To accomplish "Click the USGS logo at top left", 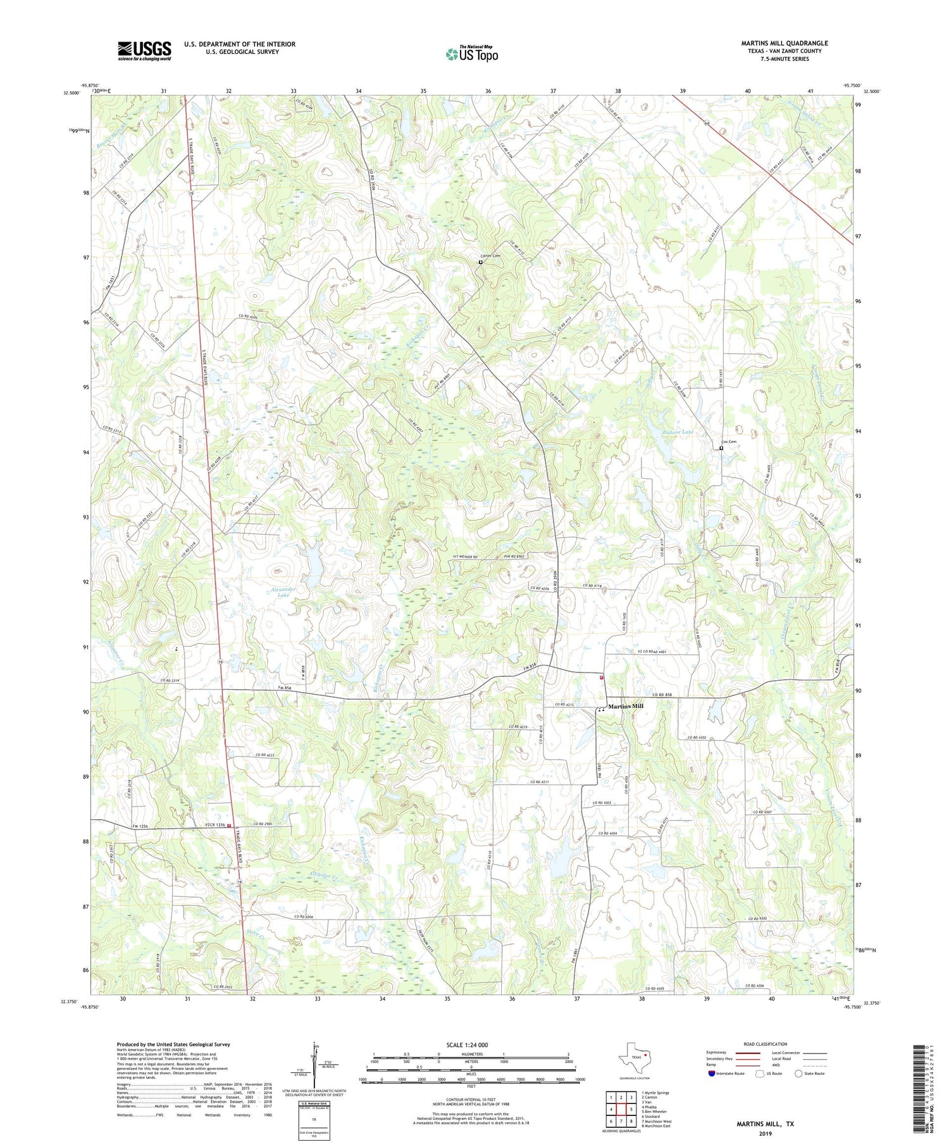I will point(144,51).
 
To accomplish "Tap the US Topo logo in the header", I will point(471,54).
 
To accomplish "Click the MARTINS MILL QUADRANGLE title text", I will point(785,43).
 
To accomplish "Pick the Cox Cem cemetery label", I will point(729,442).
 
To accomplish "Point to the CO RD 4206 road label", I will point(304,917).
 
